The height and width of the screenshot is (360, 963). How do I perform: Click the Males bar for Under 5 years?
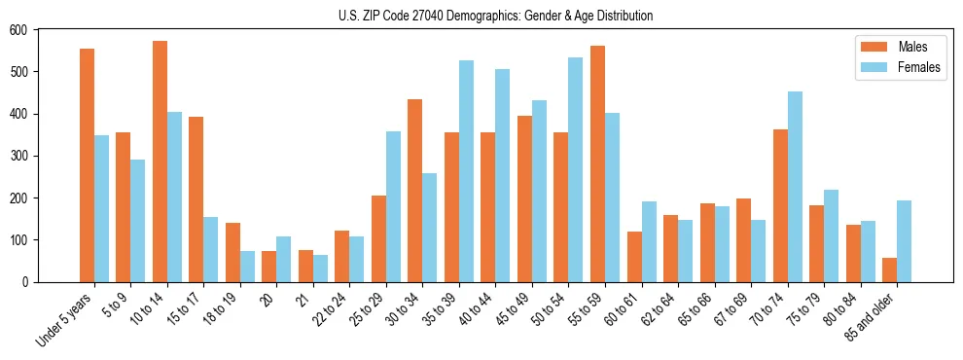coord(87,165)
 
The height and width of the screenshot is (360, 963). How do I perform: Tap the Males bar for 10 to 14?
coord(160,162)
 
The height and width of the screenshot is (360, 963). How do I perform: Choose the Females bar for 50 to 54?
coord(576,169)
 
